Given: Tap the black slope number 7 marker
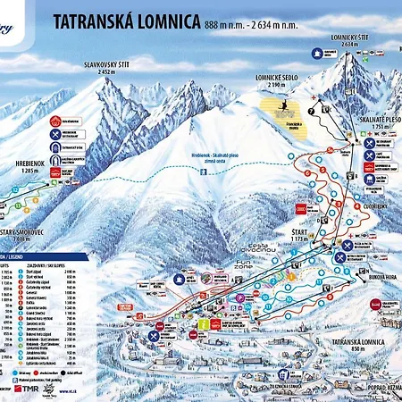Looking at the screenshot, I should pos(311,112).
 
